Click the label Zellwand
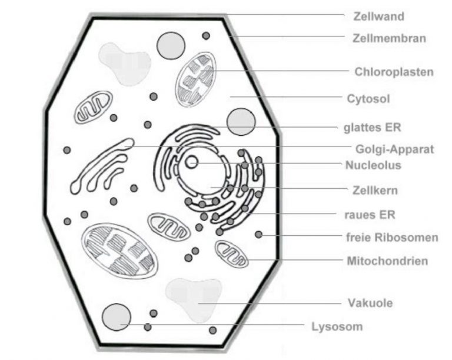[x=378, y=16]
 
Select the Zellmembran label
[x=389, y=39]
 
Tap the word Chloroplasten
[x=394, y=72]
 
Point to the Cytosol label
[x=368, y=99]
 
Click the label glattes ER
[x=372, y=127]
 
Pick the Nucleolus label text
[x=374, y=165]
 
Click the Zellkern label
[x=373, y=191]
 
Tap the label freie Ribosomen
[x=393, y=238]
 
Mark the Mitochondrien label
[x=387, y=261]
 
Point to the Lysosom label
[x=337, y=326]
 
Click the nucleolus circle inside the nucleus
[x=192, y=162]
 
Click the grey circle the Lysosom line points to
[x=116, y=317]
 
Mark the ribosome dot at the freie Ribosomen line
[x=258, y=235]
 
